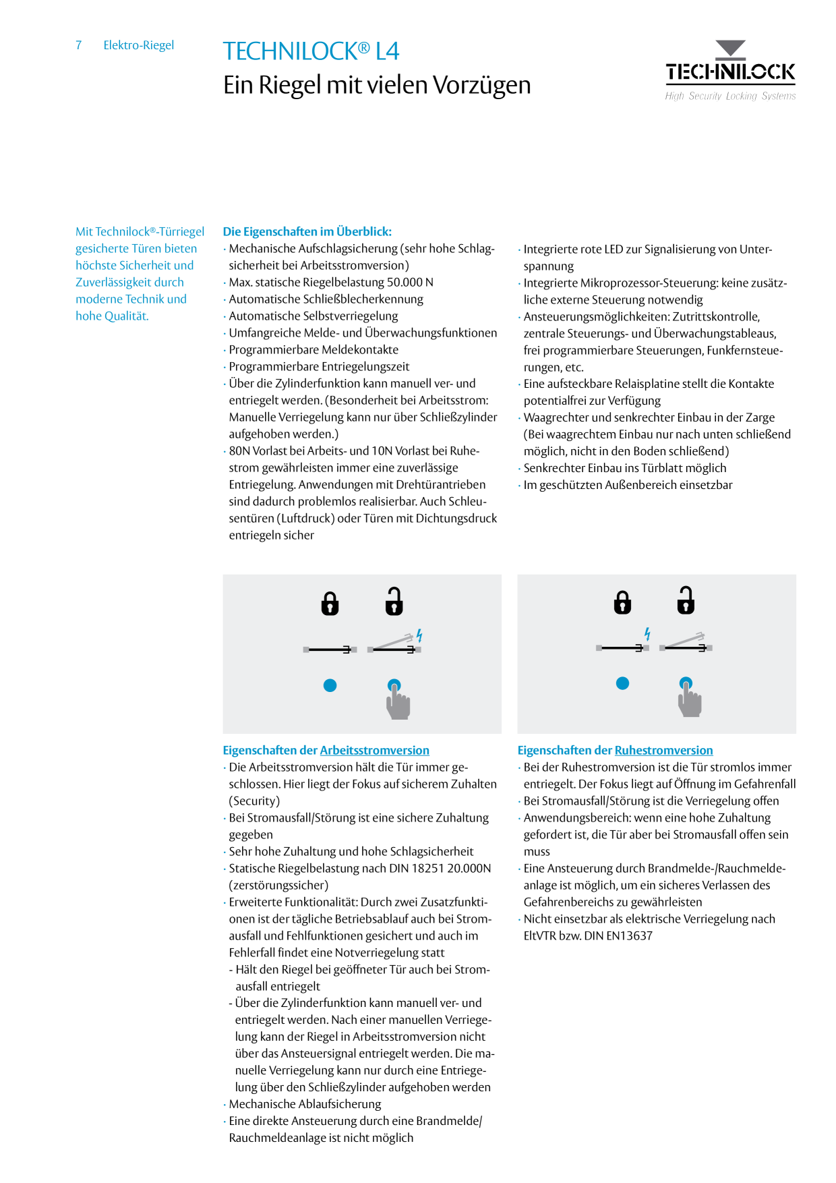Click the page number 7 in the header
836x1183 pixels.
[x=79, y=45]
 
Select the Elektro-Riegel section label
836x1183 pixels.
[x=139, y=45]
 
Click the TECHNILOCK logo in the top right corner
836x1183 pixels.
[x=730, y=70]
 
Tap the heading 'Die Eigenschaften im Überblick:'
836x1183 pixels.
[x=307, y=231]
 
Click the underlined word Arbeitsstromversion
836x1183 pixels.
[x=374, y=750]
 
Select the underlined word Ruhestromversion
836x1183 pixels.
[x=663, y=750]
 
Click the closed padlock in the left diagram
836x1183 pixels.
[x=330, y=604]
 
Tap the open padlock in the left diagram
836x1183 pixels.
[x=394, y=601]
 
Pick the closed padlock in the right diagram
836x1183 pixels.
[x=622, y=602]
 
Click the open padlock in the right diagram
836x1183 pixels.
[x=686, y=600]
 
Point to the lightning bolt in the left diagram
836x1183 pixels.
[x=419, y=635]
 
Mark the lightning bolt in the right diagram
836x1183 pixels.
[x=647, y=634]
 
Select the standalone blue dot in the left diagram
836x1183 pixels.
[x=330, y=685]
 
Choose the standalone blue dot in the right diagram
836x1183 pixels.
[x=622, y=683]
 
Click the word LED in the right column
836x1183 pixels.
[x=614, y=249]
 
